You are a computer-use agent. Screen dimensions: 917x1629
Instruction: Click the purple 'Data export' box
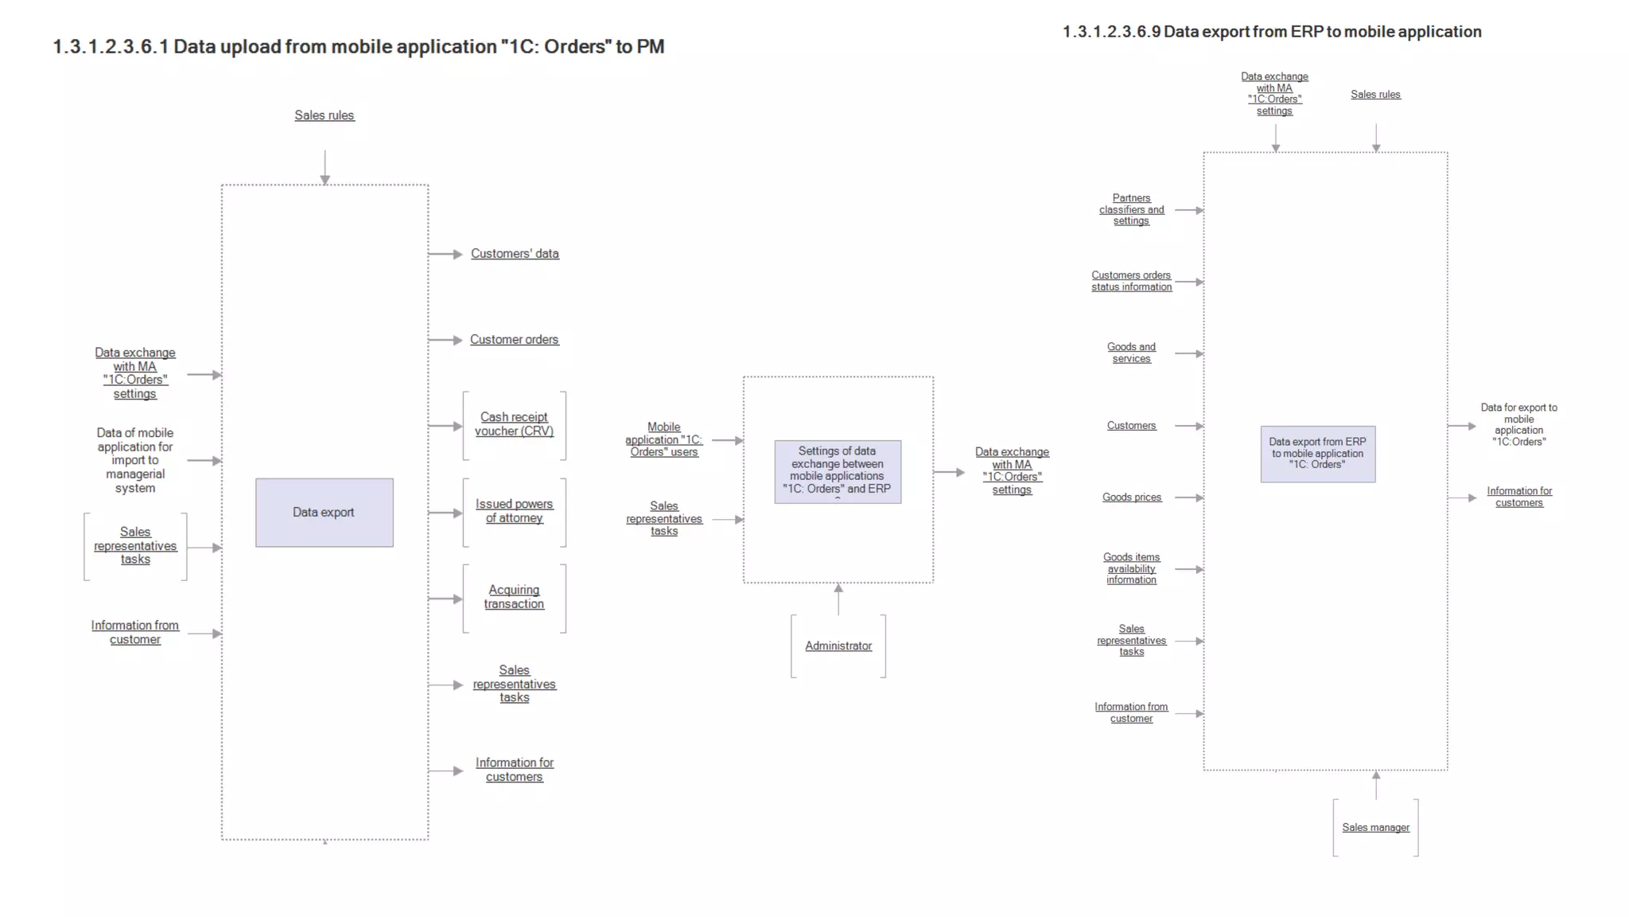(324, 513)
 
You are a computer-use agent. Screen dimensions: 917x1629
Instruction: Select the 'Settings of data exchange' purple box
(838, 471)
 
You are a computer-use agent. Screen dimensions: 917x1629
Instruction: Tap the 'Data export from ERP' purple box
(1317, 454)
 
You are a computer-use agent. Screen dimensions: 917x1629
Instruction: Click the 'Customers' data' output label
(515, 254)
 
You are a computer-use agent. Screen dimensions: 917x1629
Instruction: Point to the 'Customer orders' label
(514, 340)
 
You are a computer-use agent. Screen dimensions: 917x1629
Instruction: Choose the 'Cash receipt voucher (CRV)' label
(514, 424)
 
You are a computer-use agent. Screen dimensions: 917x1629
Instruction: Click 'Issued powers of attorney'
(514, 511)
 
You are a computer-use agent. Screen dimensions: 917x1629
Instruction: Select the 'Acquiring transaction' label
(514, 597)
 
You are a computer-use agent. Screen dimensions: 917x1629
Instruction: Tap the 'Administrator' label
(838, 646)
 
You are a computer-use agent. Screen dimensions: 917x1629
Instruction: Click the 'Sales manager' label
(1375, 828)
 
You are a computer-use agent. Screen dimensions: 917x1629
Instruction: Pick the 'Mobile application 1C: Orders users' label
(663, 439)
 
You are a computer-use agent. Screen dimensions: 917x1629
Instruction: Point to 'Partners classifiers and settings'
(1131, 209)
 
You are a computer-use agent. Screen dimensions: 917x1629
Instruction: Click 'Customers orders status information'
(1131, 281)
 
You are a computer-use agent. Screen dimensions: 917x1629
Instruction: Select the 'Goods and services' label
(1131, 353)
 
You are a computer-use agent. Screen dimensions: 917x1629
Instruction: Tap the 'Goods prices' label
(1131, 498)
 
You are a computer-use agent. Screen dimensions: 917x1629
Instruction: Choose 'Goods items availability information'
(1131, 568)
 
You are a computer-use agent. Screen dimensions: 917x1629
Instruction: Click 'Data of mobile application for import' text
(135, 460)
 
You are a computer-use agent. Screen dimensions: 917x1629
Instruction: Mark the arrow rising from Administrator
(838, 599)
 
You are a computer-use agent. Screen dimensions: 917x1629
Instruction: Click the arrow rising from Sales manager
(1376, 785)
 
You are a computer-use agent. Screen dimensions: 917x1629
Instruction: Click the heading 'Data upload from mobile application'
(358, 47)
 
